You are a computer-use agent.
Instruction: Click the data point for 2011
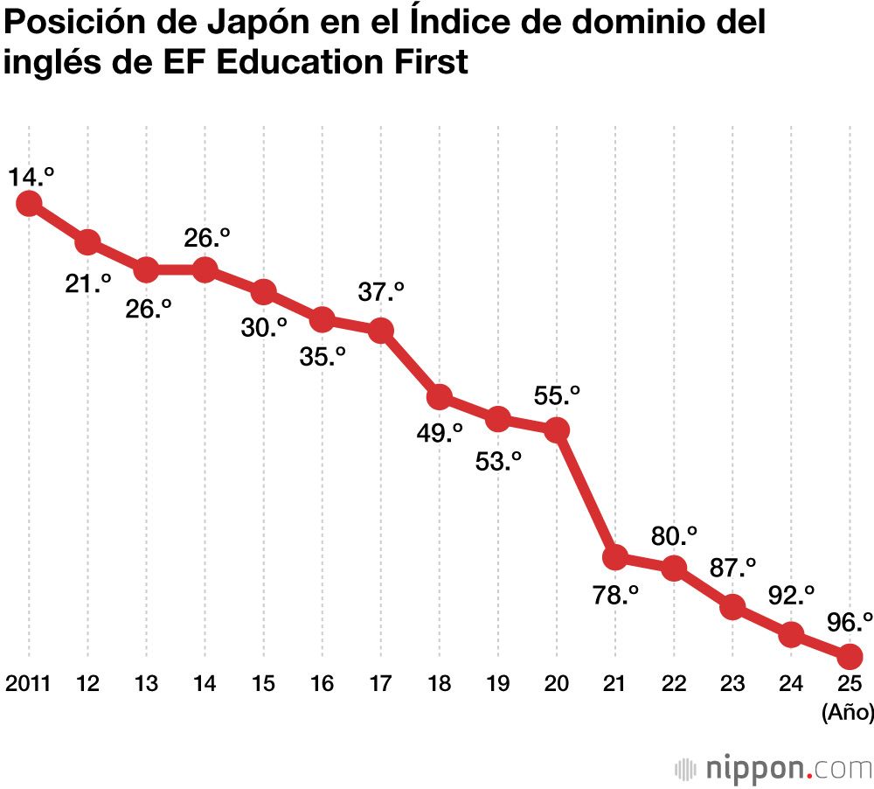click(x=29, y=203)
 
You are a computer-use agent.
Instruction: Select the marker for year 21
click(x=615, y=556)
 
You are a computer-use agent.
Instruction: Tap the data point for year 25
click(x=850, y=655)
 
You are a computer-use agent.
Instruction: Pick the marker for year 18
click(x=440, y=397)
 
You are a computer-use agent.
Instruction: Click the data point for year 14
click(x=205, y=269)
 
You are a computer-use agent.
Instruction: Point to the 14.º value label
click(x=31, y=178)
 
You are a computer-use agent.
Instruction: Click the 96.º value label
click(x=850, y=623)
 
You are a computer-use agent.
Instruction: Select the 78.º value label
click(x=614, y=596)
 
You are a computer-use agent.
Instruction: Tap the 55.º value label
click(x=558, y=395)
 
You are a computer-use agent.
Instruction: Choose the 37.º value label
click(x=382, y=292)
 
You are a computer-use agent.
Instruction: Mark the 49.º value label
click(x=440, y=433)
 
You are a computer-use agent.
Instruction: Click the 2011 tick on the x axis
click(x=28, y=684)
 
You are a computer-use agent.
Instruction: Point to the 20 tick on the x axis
click(x=557, y=684)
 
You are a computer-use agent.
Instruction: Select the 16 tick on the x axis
click(x=323, y=684)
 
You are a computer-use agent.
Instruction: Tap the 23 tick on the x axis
click(x=732, y=684)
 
